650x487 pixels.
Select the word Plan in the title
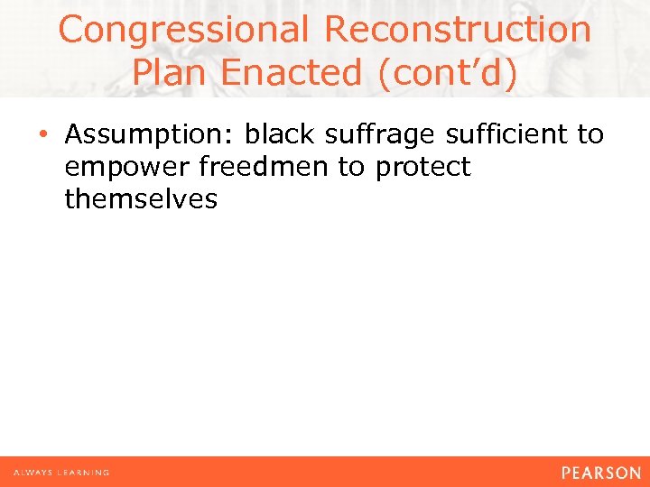coord(172,72)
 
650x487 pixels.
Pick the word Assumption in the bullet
coord(149,135)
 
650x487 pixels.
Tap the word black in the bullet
coord(281,135)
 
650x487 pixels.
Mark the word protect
coord(423,168)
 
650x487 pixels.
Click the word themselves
coord(141,199)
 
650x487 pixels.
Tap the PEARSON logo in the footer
coord(600,472)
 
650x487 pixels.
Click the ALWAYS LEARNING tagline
coord(60,473)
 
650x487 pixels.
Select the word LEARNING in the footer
coord(82,473)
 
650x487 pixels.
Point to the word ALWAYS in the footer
coord(32,473)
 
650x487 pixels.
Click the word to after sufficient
coord(590,135)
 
